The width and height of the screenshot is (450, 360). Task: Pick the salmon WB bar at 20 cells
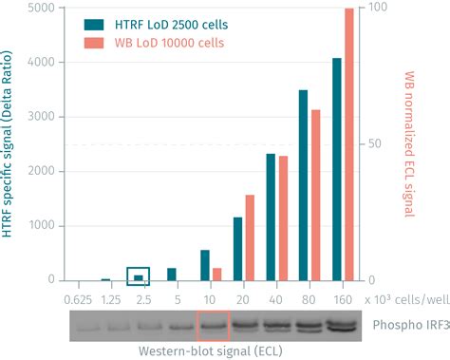(x=250, y=237)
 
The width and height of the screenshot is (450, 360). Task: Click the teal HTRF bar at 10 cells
(x=204, y=265)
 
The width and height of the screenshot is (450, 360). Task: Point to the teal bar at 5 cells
(x=172, y=274)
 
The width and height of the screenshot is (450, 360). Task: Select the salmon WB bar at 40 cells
(x=283, y=218)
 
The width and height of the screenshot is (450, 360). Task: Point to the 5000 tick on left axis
(x=41, y=9)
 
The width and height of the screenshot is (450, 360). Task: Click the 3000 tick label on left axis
(x=41, y=118)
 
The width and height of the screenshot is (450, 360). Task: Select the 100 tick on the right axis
(x=377, y=9)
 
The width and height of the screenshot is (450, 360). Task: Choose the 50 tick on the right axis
(x=374, y=144)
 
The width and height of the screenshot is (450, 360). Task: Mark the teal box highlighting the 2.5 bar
(x=139, y=275)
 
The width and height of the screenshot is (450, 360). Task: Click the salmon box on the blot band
(x=213, y=326)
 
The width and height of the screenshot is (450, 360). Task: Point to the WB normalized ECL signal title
(x=410, y=142)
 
